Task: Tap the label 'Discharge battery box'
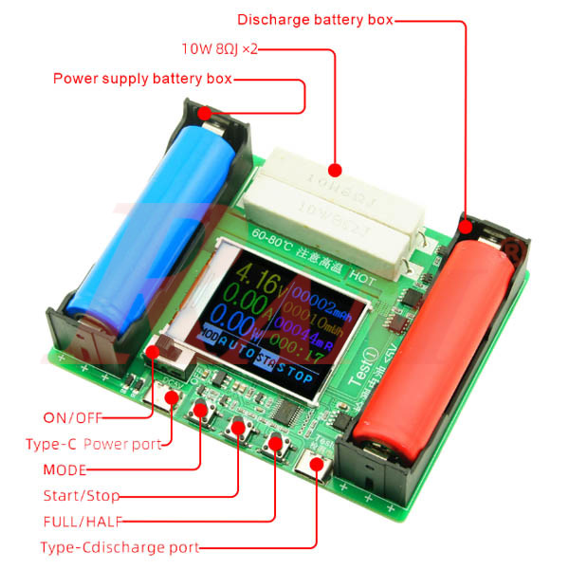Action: tap(315, 19)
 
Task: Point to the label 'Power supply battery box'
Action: tap(141, 79)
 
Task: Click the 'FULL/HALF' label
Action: tap(83, 521)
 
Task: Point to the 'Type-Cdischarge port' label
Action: tap(119, 547)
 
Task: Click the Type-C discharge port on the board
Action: tap(315, 468)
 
